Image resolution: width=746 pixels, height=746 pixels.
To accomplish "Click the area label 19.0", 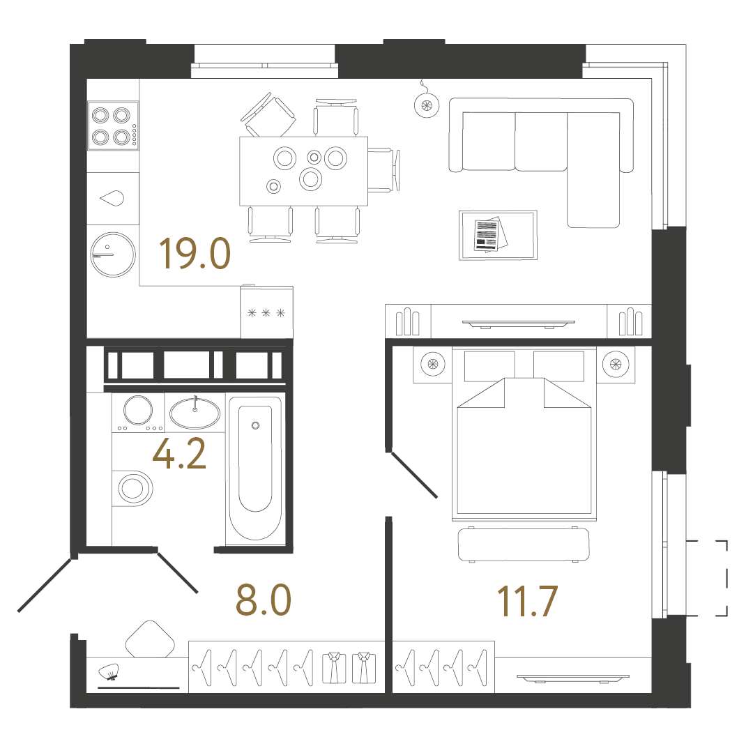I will (195, 254).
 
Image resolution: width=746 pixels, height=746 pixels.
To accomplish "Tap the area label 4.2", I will (179, 455).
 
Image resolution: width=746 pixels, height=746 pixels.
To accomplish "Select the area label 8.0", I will (263, 601).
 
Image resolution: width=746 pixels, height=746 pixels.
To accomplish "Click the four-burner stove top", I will (112, 125).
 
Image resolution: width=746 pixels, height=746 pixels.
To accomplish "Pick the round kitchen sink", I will (112, 254).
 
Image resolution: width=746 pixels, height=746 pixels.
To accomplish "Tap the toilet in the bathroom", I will (134, 489).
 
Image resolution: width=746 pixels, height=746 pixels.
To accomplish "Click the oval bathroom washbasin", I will (195, 413).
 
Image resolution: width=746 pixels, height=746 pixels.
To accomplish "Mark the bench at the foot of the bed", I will (524, 545).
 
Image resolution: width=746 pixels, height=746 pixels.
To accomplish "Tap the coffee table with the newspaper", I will (498, 235).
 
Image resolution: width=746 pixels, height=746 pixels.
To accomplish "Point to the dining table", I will (303, 171).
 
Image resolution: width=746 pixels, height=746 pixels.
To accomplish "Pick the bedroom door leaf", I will (414, 475).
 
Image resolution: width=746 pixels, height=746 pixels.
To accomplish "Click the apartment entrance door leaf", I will (46, 585).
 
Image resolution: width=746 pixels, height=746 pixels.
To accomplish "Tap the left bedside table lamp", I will (432, 364).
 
